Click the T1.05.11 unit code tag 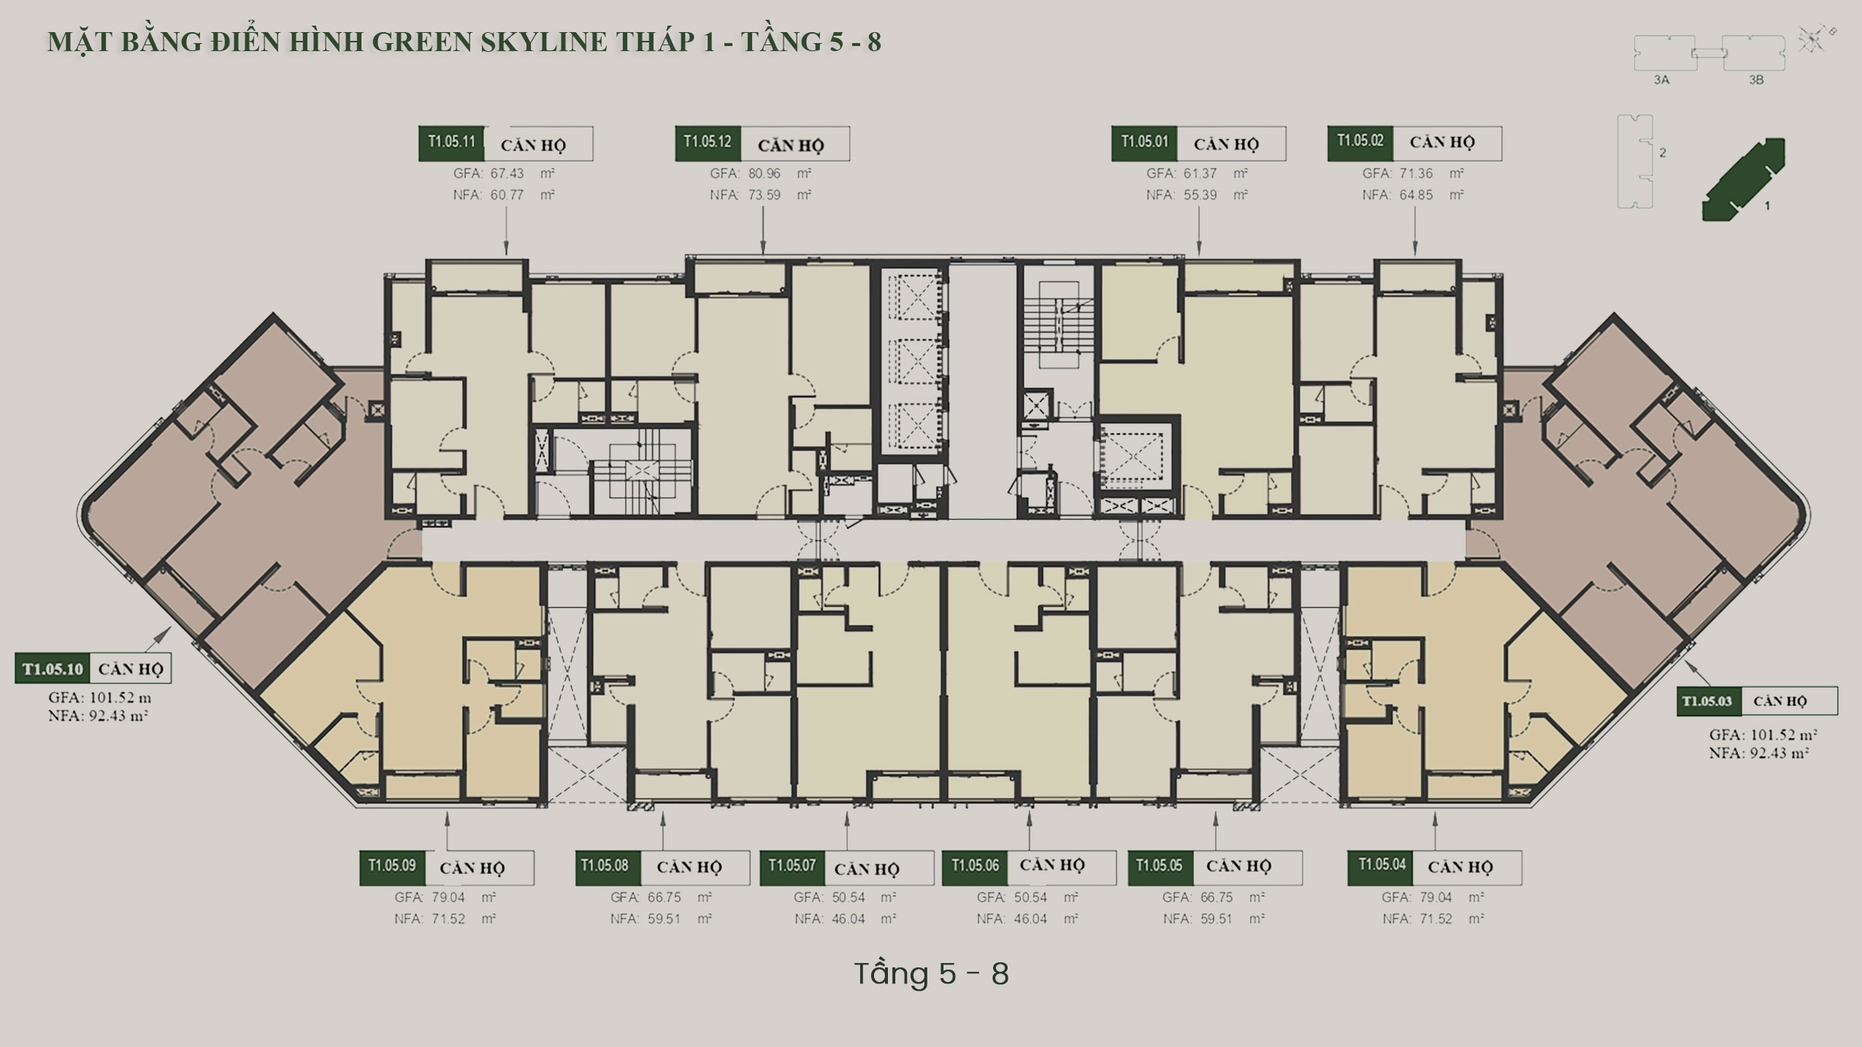pyautogui.click(x=451, y=143)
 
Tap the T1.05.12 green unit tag pyautogui.click(x=708, y=143)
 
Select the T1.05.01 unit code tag pyautogui.click(x=1145, y=143)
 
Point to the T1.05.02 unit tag pyautogui.click(x=1360, y=143)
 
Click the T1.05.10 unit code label pyautogui.click(x=53, y=669)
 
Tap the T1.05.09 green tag pyautogui.click(x=392, y=867)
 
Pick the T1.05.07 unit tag pyautogui.click(x=792, y=867)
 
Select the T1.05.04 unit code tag pyautogui.click(x=1382, y=867)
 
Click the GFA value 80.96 pyautogui.click(x=764, y=174)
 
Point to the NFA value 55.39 pyautogui.click(x=1200, y=195)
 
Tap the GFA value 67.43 pyautogui.click(x=507, y=174)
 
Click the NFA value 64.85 pyautogui.click(x=1416, y=195)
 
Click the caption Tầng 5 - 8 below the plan pyautogui.click(x=931, y=974)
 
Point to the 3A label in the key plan pyautogui.click(x=1661, y=80)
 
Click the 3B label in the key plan pyautogui.click(x=1756, y=80)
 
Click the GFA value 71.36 pyautogui.click(x=1416, y=174)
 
